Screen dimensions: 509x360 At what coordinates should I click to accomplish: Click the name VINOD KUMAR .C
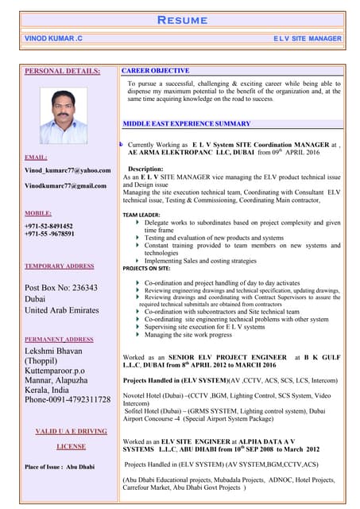(54, 38)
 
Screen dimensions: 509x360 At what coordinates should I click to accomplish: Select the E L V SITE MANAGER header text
(307, 38)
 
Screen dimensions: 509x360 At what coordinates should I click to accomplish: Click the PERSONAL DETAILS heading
(63, 72)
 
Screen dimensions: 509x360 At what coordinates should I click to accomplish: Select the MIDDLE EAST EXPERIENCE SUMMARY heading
(187, 124)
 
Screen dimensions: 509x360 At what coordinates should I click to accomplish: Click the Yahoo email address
(68, 170)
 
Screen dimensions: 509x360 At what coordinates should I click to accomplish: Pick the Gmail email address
(65, 185)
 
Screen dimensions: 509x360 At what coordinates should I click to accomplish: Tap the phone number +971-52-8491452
(49, 226)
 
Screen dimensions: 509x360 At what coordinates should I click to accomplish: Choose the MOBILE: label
(38, 213)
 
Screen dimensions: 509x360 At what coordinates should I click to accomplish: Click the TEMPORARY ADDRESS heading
(59, 266)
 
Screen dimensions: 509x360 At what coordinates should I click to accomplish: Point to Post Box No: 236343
(61, 288)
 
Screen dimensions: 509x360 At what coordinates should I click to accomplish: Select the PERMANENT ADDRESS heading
(59, 339)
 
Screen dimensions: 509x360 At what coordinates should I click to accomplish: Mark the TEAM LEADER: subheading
(141, 215)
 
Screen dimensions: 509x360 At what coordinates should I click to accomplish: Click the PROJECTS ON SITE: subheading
(145, 269)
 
